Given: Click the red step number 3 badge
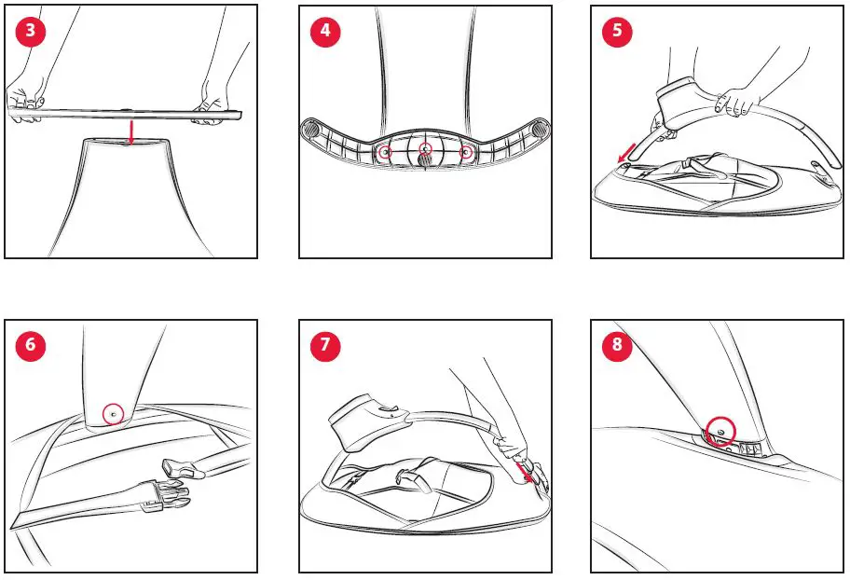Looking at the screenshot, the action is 31,31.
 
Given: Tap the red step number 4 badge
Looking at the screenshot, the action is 325,31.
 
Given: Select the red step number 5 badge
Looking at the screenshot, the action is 617,31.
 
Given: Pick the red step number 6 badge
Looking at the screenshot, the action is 31,344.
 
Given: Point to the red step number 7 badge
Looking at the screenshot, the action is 325,344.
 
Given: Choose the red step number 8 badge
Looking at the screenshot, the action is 617,344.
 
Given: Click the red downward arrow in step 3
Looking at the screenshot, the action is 130,132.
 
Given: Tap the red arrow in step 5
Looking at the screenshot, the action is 626,153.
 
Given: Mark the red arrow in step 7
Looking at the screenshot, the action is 524,472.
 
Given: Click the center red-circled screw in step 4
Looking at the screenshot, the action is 426,148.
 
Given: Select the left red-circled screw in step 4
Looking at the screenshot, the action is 385,153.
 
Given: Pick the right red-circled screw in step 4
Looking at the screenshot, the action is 465,153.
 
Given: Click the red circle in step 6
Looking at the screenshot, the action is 114,415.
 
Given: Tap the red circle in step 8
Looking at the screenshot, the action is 720,431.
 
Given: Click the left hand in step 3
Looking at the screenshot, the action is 24,101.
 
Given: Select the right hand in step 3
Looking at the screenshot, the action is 213,104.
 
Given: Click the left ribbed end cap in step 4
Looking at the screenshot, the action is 311,130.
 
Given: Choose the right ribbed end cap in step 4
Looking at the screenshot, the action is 539,130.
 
